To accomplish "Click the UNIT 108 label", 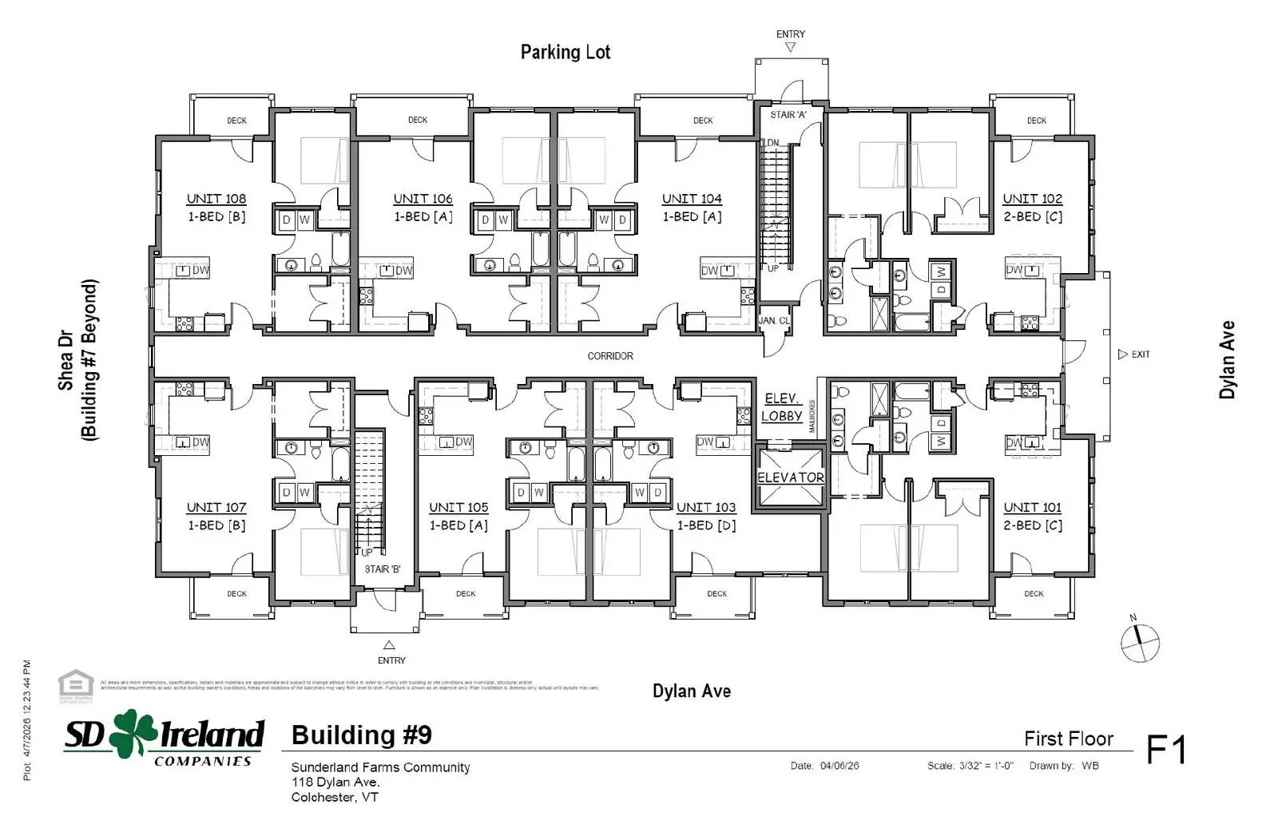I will point(216,199).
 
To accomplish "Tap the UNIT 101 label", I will point(1032,507).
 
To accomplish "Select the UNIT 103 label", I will point(706,507).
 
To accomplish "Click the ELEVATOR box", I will point(790,477).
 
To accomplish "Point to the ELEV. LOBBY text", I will point(781,407).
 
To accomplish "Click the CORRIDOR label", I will point(610,356).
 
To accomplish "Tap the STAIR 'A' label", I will point(788,115).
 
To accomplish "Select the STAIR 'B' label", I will point(383,569).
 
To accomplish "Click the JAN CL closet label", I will point(773,320).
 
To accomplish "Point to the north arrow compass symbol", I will point(1140,642).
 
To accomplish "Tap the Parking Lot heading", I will point(566,53).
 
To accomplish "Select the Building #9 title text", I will point(361,735).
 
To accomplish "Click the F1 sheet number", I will point(1166,750).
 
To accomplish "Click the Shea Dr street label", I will point(65,361).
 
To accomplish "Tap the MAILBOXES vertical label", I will point(812,416).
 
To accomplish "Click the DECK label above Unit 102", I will point(1037,121).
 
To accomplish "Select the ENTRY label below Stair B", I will point(391,660).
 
